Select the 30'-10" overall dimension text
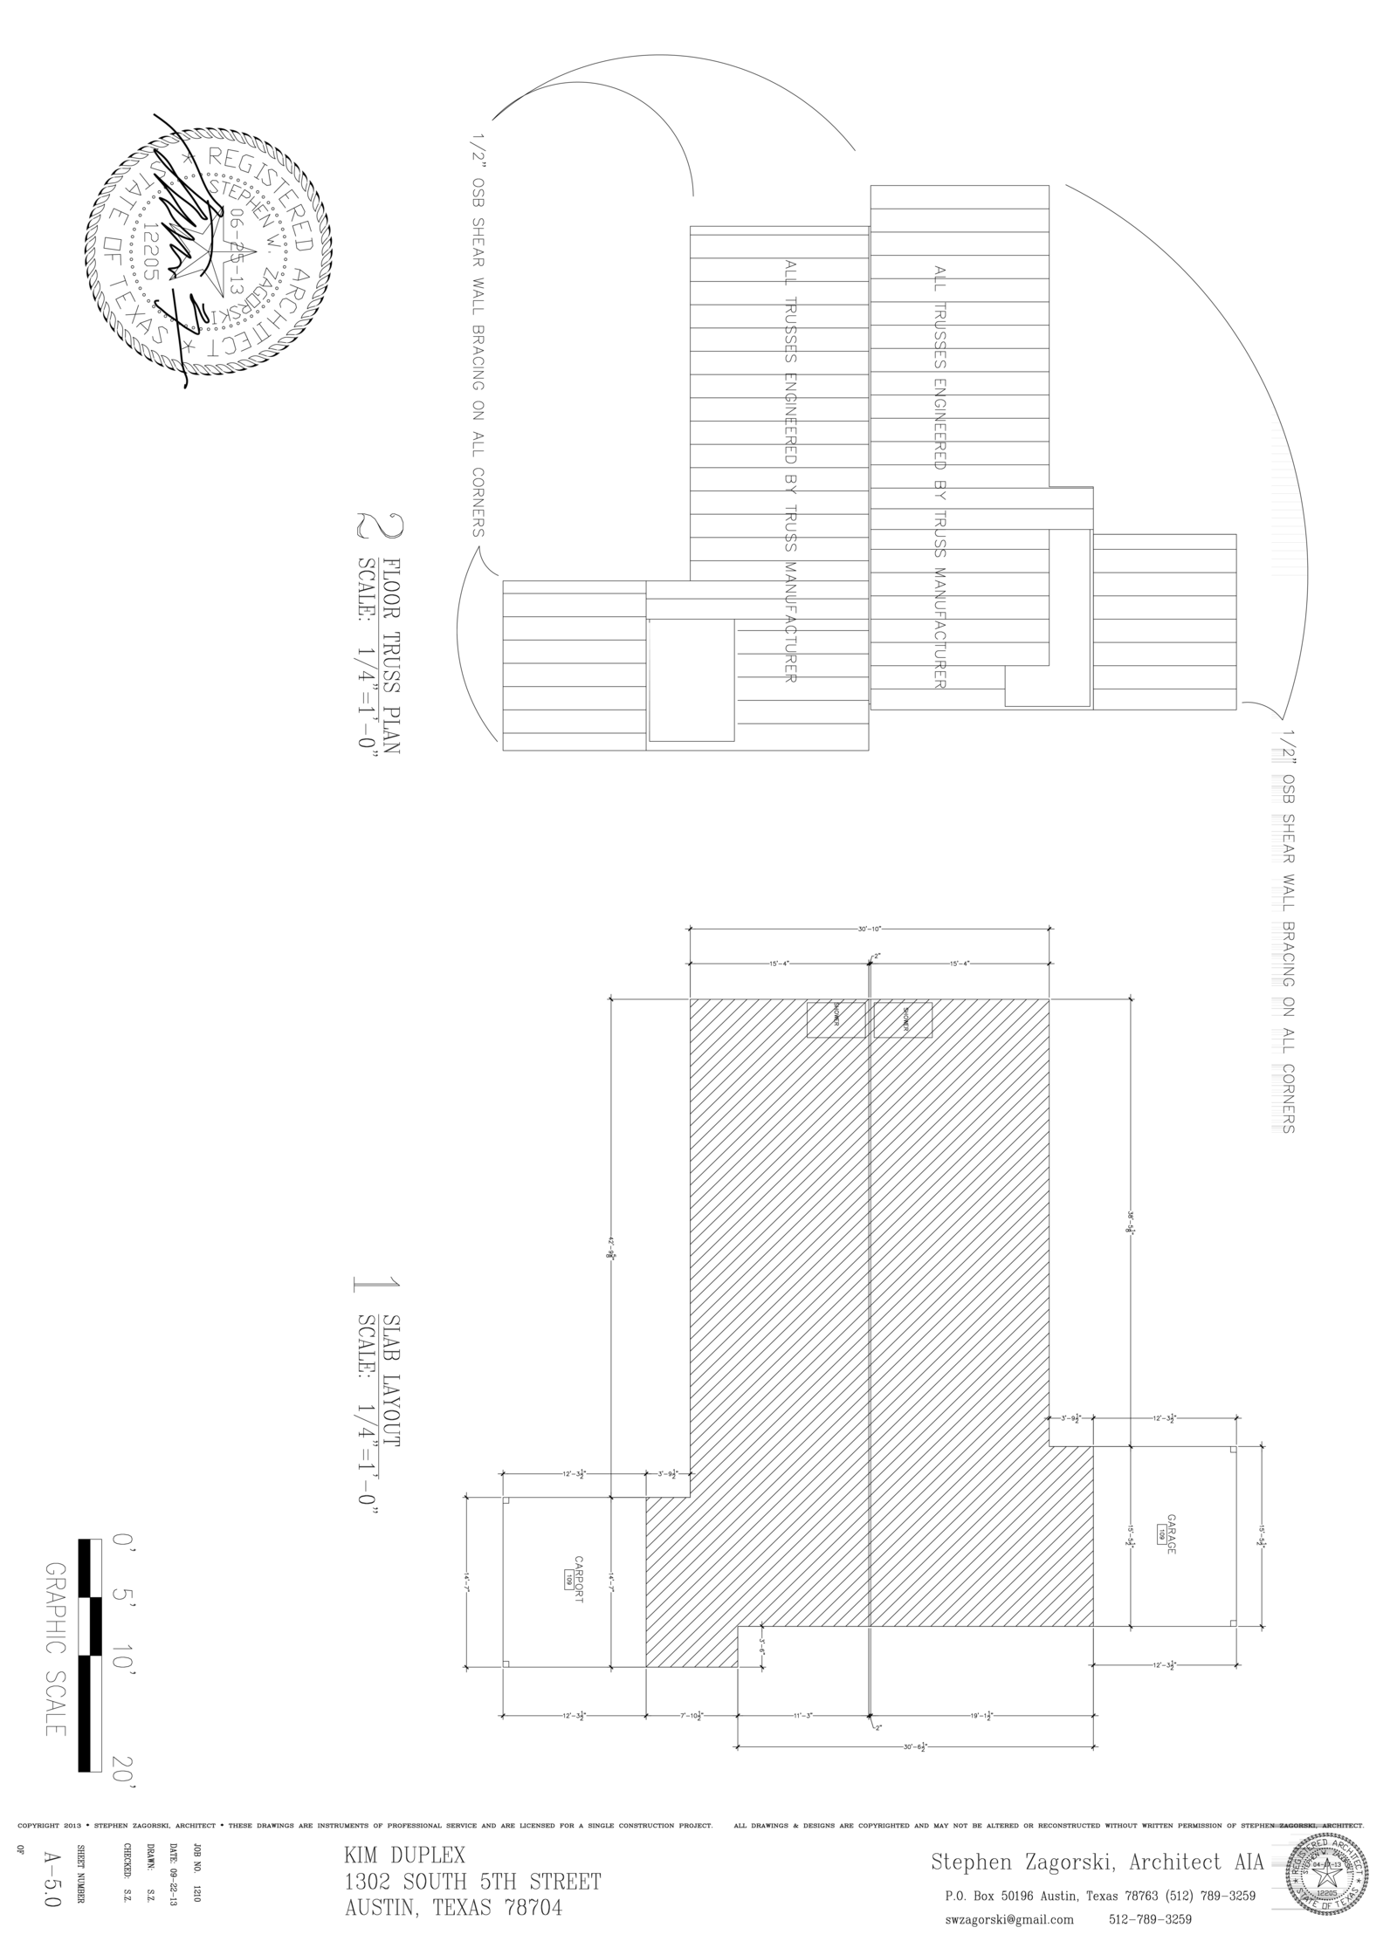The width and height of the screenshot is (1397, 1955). (870, 929)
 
